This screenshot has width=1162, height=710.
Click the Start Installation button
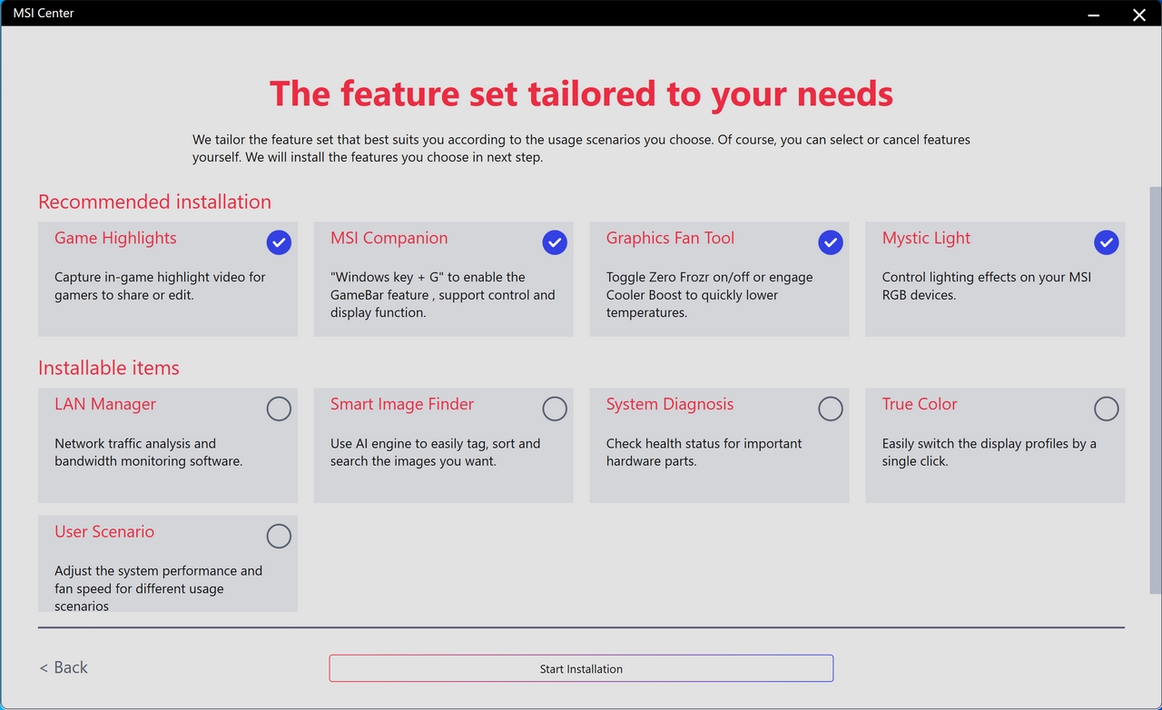[x=581, y=668]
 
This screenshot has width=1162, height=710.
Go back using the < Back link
[x=64, y=667]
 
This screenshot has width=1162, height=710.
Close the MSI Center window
[x=1138, y=15]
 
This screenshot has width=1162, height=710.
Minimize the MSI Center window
[x=1094, y=15]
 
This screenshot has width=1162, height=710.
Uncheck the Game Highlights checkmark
[x=279, y=242]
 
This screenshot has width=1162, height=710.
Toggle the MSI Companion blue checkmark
[x=555, y=242]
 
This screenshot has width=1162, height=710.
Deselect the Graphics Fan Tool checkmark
[x=831, y=242]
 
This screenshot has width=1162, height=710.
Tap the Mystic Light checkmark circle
[x=1107, y=242]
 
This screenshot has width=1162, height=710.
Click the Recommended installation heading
[x=154, y=202]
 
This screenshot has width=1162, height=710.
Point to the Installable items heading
[x=108, y=368]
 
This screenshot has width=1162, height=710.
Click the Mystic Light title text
[x=926, y=238]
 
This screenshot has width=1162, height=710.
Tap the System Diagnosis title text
[x=670, y=404]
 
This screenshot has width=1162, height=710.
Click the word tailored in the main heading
[x=592, y=94]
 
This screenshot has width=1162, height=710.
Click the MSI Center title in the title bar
[x=44, y=13]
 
